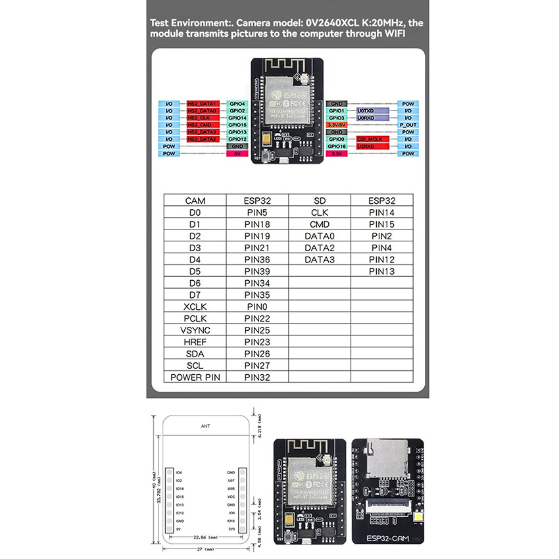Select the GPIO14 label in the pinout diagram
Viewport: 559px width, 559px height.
(x=237, y=118)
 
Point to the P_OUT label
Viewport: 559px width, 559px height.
(x=407, y=125)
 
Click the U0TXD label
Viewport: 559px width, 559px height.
(x=366, y=111)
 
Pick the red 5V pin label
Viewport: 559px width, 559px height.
(x=237, y=153)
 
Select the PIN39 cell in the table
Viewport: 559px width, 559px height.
(x=257, y=271)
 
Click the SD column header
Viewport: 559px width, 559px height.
(x=320, y=201)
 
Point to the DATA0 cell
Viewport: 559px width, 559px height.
(x=320, y=235)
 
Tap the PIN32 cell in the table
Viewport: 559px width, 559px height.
(x=257, y=377)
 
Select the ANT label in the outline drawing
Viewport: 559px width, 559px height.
(x=205, y=426)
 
